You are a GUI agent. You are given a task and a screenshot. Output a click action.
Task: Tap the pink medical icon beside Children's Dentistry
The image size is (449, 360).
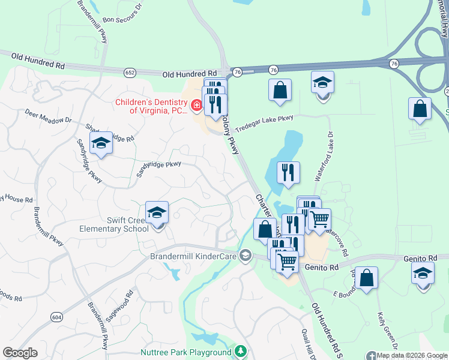[196, 106]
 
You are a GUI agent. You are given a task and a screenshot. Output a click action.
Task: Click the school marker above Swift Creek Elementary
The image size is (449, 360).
[157, 213]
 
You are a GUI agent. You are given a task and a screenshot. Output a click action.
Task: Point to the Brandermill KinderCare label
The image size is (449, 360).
[193, 257]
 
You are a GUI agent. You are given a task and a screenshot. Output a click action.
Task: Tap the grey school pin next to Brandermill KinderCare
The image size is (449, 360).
[245, 257]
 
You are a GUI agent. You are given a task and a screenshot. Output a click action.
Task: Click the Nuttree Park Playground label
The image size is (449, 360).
[186, 352]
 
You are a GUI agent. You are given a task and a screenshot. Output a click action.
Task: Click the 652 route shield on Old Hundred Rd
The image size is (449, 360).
[130, 72]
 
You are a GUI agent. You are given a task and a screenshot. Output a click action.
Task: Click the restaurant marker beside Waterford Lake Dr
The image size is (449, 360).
[288, 173]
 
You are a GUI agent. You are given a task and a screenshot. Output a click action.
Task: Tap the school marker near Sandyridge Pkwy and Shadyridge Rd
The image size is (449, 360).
[101, 143]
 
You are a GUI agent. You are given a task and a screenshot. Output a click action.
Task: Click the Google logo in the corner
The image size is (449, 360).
[20, 353]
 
